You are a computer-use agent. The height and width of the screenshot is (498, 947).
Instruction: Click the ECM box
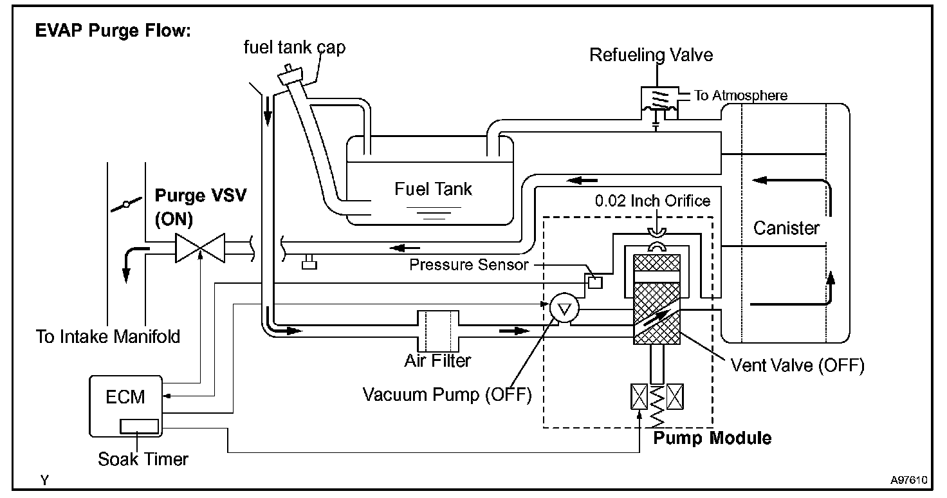point(125,406)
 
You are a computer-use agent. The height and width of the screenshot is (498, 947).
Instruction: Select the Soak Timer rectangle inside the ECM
point(139,426)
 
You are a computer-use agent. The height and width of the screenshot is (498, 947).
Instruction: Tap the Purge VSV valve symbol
point(200,248)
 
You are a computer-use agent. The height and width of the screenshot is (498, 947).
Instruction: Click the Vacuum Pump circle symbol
point(564,308)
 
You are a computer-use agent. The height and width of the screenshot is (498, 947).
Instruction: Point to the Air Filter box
point(438,331)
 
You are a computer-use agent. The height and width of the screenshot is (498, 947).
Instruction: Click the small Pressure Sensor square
point(595,282)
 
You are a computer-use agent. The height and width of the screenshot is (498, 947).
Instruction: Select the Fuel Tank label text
point(433,189)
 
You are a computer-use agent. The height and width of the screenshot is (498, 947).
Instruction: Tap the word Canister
point(786,228)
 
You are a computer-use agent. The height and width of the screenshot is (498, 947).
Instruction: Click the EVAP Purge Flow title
point(113,30)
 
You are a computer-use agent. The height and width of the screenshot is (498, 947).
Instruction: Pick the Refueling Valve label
point(651,55)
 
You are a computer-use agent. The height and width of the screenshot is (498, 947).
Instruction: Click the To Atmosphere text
point(740,95)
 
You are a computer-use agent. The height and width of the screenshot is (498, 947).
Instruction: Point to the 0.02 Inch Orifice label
point(652,201)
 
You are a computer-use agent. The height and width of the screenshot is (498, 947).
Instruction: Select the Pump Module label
point(712,438)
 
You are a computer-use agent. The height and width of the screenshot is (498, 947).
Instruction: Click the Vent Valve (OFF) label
point(797,365)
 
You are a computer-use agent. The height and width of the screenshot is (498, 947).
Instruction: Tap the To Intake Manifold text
point(108,337)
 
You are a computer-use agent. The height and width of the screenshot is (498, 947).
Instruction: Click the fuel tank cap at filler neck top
point(290,75)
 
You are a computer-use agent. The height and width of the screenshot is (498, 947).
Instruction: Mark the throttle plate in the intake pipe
point(126,205)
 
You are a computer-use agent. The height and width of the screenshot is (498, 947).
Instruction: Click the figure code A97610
point(908,480)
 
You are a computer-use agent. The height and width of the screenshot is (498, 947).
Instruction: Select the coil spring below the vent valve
point(657,406)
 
